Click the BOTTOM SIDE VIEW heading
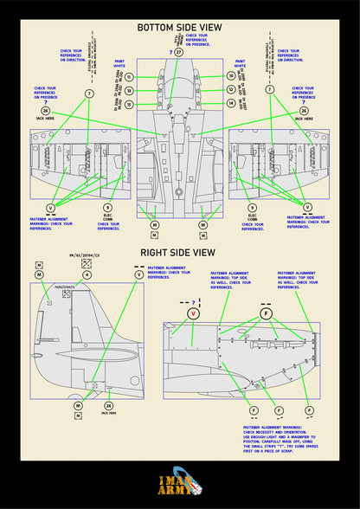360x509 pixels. click(179, 29)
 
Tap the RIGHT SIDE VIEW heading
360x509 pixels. click(179, 254)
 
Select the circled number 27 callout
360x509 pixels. click(179, 52)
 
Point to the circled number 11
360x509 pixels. click(129, 77)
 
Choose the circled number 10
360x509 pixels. click(230, 77)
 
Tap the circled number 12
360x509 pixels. click(230, 90)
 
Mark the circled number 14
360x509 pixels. click(230, 103)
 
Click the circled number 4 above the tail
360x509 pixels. click(39, 274)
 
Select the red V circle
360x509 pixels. click(192, 312)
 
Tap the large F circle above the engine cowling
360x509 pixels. click(266, 312)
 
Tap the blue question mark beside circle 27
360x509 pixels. click(170, 52)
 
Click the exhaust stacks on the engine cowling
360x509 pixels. click(260, 346)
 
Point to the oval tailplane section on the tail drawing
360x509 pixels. click(122, 356)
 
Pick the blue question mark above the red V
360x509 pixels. click(192, 300)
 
